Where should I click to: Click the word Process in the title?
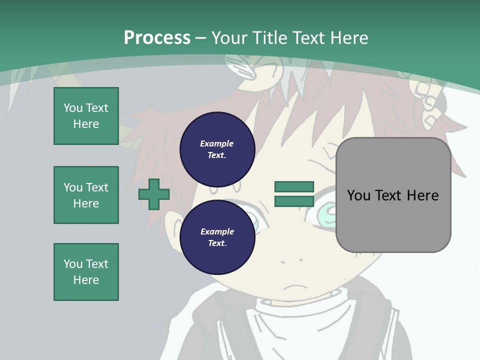(157, 37)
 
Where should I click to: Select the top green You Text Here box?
(86, 116)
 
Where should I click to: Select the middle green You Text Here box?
(86, 195)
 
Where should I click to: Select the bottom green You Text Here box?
(86, 272)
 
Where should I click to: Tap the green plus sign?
(154, 194)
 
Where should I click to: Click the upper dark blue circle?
(217, 149)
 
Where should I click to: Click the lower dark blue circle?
(217, 237)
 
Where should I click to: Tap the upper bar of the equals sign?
(294, 187)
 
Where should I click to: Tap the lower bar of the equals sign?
(294, 201)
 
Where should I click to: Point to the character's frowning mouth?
(295, 288)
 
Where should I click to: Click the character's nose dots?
(291, 260)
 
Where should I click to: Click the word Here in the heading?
(347, 37)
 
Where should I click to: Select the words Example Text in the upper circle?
(217, 149)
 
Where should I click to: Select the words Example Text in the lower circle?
(217, 237)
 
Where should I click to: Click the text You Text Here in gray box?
(393, 195)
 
